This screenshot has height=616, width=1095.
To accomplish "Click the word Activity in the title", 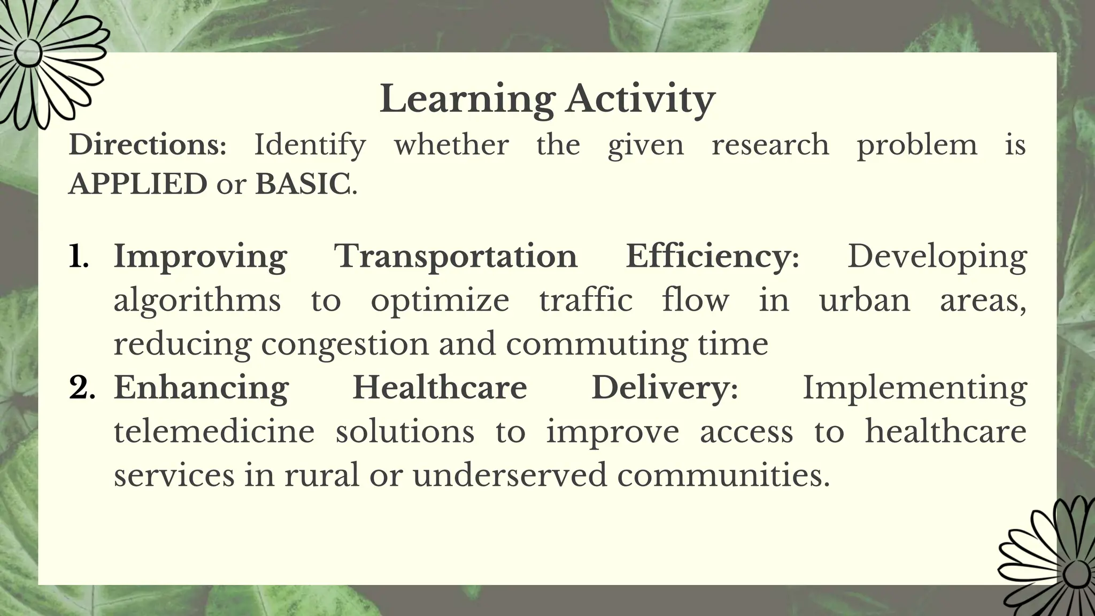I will tap(640, 100).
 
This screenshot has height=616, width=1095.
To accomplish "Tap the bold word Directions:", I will tap(148, 145).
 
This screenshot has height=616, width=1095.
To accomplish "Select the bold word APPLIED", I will tap(138, 184).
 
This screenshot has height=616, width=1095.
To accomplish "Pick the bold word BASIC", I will tap(303, 184).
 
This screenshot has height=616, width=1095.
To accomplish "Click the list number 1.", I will tap(79, 257).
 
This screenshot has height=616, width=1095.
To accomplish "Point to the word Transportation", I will tap(456, 256).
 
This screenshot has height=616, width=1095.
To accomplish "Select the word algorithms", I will tap(197, 301).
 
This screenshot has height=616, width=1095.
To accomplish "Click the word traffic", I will tap(585, 299).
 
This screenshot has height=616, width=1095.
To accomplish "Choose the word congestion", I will tap(344, 344).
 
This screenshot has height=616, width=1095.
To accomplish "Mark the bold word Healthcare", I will tap(439, 387).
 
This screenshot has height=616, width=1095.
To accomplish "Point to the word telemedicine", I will tap(214, 431).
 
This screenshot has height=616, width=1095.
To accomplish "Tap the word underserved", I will tap(510, 475).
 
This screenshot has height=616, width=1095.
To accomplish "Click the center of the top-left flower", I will tap(27, 53).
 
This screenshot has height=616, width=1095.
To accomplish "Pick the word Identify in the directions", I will tap(310, 145).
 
